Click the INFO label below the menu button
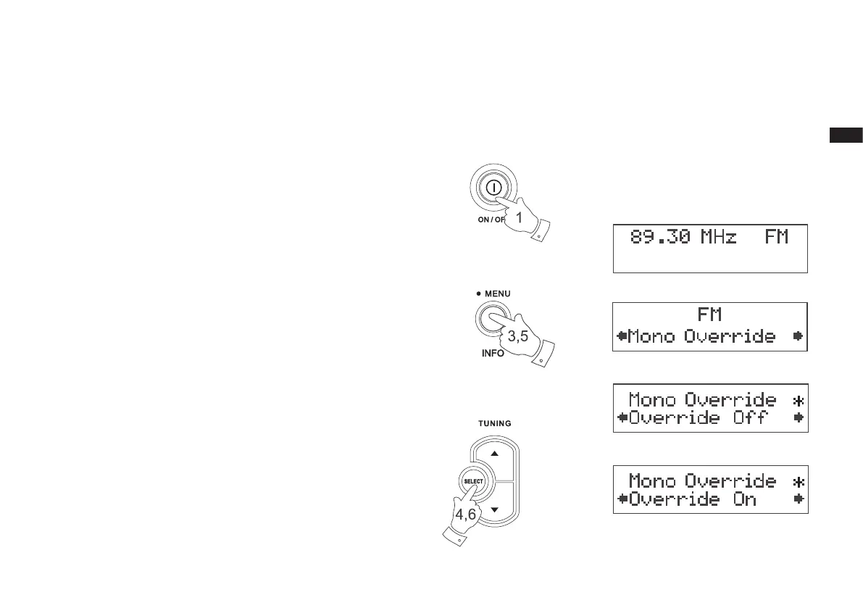(x=493, y=354)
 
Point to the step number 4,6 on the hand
(x=465, y=514)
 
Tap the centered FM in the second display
(x=710, y=316)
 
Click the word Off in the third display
(x=749, y=418)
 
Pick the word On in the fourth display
(x=745, y=499)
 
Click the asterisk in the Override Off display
(x=798, y=400)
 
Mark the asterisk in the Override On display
(x=798, y=481)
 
